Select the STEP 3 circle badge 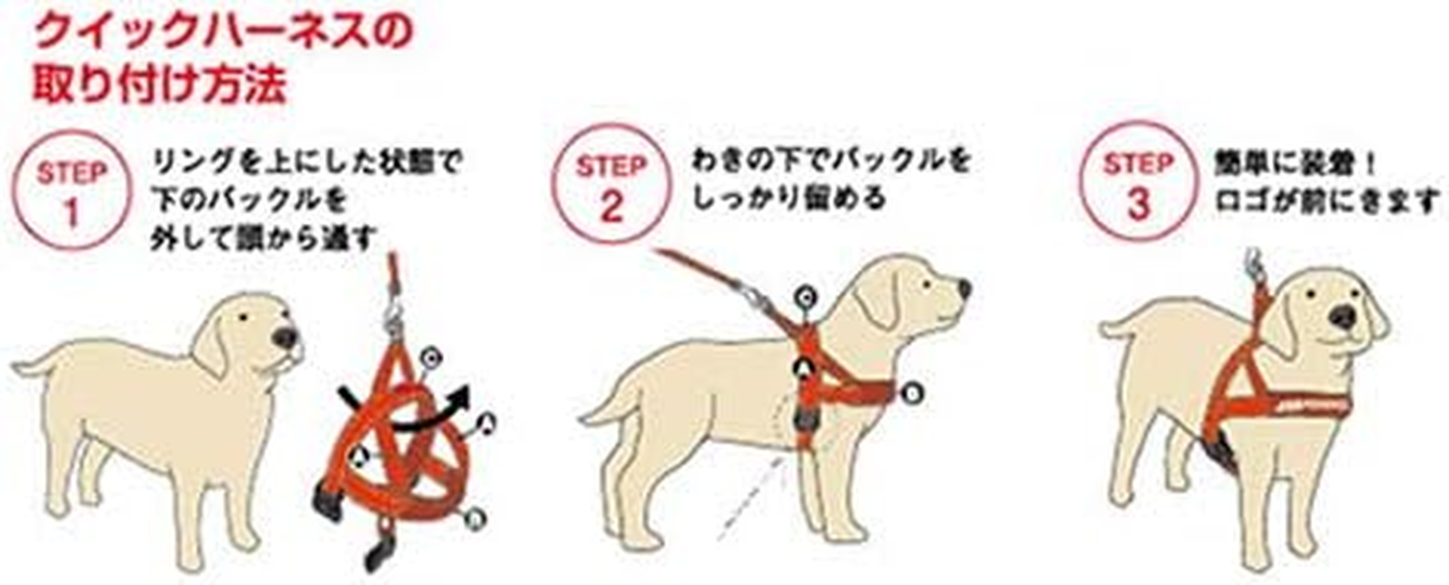1138,181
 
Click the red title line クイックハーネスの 223,32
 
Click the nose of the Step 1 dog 285,337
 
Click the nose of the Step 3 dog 1342,317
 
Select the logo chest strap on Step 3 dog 1308,404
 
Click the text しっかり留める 788,197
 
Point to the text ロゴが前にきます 1326,200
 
